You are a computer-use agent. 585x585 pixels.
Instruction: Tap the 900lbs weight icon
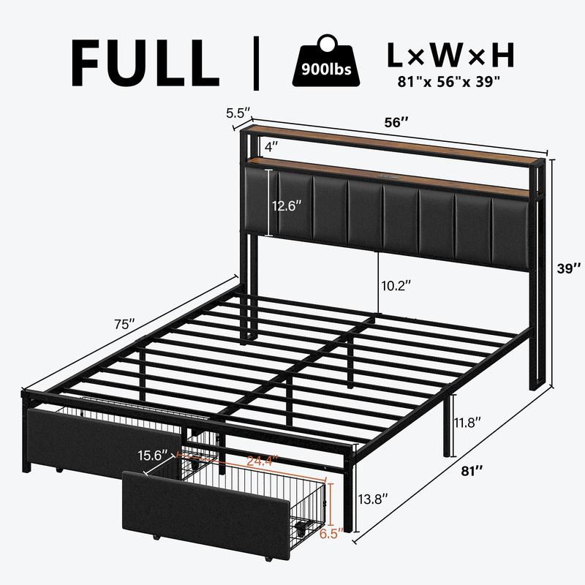coord(326,61)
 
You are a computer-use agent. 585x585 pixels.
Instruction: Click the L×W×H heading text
coord(450,56)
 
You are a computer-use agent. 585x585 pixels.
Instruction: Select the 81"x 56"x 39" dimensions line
coord(448,82)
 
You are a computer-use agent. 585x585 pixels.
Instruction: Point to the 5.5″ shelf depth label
coord(238,113)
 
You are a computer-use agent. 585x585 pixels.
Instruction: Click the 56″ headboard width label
coord(396,122)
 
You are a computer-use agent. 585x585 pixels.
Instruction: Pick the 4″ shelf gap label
coord(271,147)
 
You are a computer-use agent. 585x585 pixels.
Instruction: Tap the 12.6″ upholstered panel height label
coord(286,205)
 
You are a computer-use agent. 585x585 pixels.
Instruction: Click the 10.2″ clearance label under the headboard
coord(396,286)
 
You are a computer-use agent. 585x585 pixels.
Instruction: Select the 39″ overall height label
coord(569,268)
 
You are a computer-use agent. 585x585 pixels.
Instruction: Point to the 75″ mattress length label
coord(124,324)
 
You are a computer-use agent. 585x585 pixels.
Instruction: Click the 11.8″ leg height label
coord(467,423)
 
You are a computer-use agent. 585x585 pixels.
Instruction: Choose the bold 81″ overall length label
coord(472,471)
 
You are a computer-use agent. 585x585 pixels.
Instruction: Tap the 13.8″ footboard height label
coord(373,499)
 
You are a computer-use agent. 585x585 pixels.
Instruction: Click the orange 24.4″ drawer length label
coord(263,461)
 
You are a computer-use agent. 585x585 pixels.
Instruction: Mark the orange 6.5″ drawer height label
coord(331,534)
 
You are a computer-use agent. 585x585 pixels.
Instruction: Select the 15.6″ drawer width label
coord(153,456)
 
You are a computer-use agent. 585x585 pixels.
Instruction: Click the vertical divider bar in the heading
coord(256,63)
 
